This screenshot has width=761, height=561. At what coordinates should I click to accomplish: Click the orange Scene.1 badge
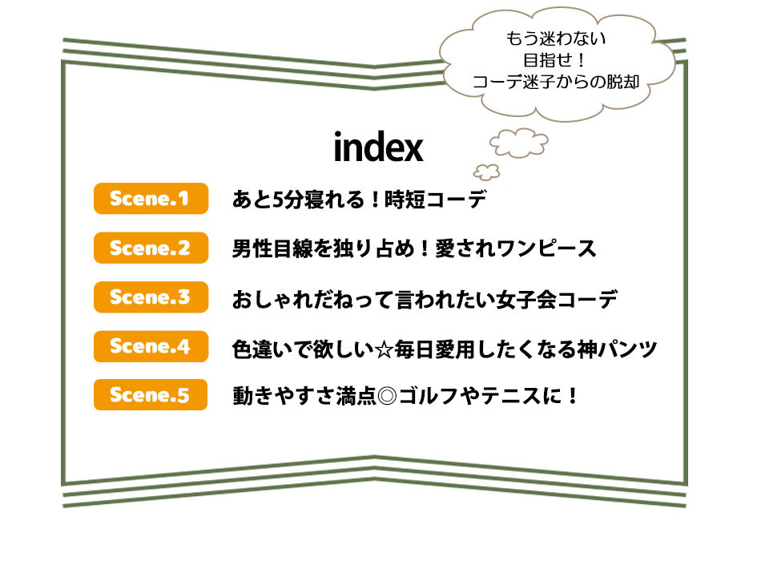151,199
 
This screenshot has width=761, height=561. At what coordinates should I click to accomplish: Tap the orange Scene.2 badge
151,248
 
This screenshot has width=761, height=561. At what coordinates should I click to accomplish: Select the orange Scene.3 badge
151,297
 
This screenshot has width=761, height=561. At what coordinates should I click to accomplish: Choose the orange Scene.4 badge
151,346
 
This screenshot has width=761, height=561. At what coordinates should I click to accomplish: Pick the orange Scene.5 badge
151,395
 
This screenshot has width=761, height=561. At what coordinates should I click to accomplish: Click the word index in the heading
379,147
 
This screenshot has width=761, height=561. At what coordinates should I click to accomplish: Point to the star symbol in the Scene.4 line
384,349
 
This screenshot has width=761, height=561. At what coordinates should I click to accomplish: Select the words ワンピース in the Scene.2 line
546,248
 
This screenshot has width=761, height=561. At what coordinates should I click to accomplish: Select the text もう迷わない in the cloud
556,38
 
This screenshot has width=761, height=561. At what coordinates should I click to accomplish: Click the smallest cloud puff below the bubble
487,172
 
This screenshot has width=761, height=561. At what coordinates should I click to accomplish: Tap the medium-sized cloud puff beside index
519,143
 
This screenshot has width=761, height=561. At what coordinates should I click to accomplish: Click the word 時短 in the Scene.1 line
405,200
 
